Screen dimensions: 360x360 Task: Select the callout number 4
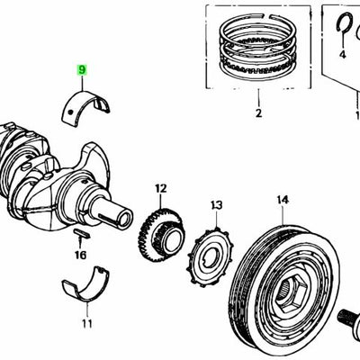343,55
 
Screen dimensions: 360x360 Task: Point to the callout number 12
160,188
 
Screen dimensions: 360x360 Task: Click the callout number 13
216,206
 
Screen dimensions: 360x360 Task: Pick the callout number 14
282,199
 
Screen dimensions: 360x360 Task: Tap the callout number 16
80,256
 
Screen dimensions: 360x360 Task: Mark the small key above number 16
80,234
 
